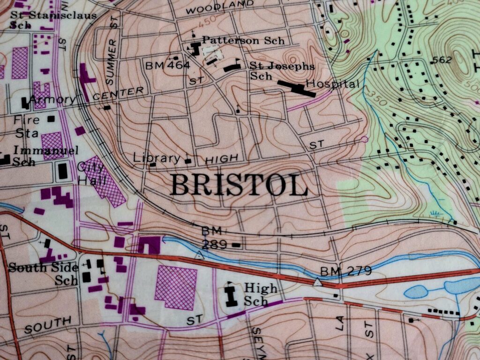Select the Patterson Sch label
(243, 41)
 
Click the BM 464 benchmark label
(167, 65)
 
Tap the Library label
(157, 158)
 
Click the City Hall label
(90, 173)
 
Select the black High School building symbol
(231, 295)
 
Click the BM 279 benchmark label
(346, 270)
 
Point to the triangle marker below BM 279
(318, 283)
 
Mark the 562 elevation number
(442, 60)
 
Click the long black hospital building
(296, 88)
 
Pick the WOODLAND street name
(216, 7)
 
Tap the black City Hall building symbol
(62, 171)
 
